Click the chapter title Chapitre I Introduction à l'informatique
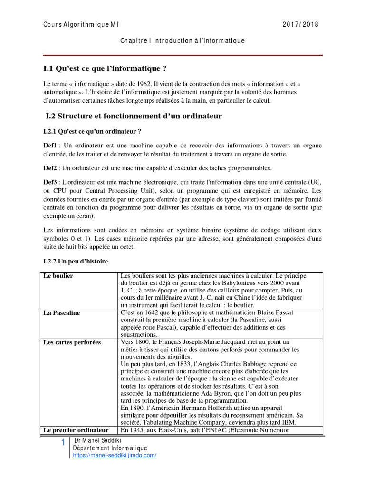coord(182,41)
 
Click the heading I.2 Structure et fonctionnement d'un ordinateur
coord(134,116)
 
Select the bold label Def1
coord(50,145)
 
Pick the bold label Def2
coord(50,167)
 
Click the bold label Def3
coord(50,182)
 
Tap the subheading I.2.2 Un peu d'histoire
coord(76,262)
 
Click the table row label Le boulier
coord(58,276)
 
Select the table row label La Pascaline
coord(62,313)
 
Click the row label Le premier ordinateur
coord(77,430)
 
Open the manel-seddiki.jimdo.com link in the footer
coord(115,455)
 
